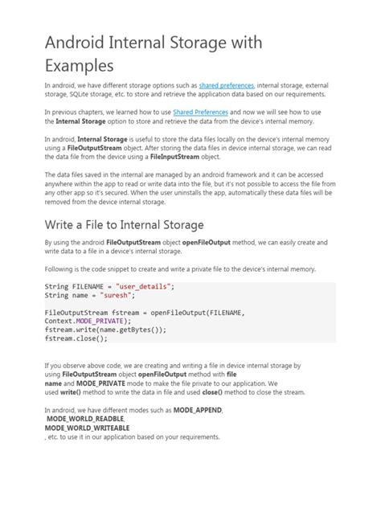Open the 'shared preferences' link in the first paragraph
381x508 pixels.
(226, 84)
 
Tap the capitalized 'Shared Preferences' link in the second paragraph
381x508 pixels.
(199, 112)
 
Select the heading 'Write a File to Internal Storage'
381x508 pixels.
(124, 224)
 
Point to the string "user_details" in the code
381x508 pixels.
(145, 286)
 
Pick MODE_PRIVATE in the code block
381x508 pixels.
(96, 321)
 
